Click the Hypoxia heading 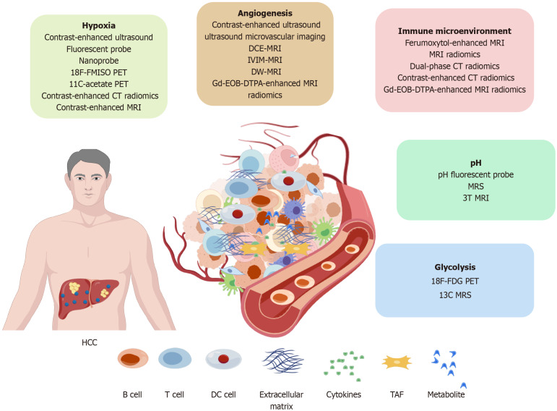(98, 25)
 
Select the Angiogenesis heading (265, 13)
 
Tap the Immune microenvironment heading (454, 31)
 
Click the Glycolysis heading (454, 267)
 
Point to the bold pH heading (475, 163)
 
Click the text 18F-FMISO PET (98, 72)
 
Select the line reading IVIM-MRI (265, 60)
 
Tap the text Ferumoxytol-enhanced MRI (454, 43)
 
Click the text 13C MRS (455, 295)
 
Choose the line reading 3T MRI (475, 198)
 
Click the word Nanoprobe (98, 61)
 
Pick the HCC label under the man (89, 342)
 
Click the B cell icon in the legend (133, 358)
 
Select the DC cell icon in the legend (223, 359)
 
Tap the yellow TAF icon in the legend (397, 362)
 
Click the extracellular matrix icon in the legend (282, 361)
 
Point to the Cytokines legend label (343, 394)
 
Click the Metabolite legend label (446, 394)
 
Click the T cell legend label (174, 394)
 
